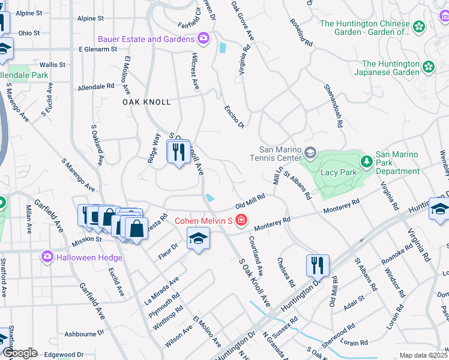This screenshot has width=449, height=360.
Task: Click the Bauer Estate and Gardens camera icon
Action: tap(203, 39)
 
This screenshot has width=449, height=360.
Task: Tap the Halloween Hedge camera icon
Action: tap(47, 257)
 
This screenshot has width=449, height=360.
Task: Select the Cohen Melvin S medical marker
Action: tap(241, 221)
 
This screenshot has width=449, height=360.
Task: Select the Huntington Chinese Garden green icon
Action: tap(418, 26)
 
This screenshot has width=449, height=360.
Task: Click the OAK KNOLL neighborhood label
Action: tap(146, 102)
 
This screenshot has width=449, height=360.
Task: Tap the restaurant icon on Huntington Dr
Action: tap(318, 265)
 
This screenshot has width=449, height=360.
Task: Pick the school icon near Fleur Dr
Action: tap(198, 239)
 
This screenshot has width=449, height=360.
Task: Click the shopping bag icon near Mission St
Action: tap(136, 229)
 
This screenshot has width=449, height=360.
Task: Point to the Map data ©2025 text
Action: tap(423, 355)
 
